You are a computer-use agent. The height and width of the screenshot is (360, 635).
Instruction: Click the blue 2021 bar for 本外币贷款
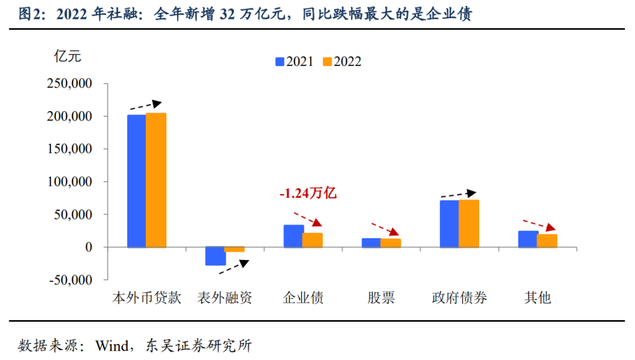tap(136, 181)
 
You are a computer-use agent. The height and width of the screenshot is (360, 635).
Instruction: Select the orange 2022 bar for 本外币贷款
tap(156, 180)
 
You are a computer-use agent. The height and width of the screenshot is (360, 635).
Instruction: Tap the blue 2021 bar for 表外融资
tap(215, 256)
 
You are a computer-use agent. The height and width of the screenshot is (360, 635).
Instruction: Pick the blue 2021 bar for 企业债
tap(293, 236)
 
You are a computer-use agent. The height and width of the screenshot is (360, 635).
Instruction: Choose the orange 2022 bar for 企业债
tap(313, 240)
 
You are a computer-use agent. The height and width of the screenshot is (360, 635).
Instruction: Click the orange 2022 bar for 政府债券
tap(469, 224)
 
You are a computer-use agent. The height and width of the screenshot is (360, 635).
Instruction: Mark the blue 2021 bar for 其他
tap(529, 239)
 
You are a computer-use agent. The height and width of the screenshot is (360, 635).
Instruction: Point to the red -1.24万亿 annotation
tap(308, 193)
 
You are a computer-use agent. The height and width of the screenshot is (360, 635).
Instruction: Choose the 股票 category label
tap(382, 298)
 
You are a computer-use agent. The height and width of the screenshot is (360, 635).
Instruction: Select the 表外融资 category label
tap(225, 298)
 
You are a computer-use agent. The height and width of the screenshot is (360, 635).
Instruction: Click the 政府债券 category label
tap(459, 298)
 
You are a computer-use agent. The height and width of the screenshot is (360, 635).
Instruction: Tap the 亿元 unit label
tap(67, 57)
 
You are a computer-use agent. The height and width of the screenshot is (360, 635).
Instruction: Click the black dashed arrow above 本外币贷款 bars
tap(145, 106)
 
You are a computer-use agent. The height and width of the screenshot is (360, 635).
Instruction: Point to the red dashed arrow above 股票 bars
tap(384, 229)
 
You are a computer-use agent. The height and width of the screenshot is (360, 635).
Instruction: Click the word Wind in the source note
tap(112, 345)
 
